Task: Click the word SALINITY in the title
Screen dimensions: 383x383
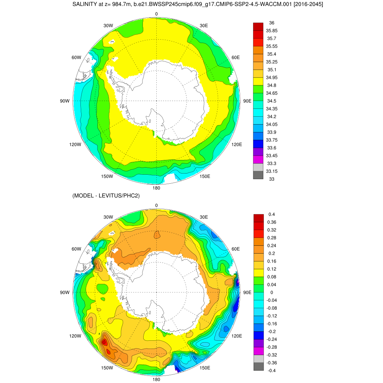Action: (85, 4)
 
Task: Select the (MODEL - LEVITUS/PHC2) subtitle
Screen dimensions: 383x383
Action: (106, 195)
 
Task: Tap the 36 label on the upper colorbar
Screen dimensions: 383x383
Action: (272, 23)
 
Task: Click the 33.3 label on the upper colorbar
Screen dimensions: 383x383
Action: (272, 163)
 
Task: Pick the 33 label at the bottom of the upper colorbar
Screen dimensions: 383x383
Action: (272, 179)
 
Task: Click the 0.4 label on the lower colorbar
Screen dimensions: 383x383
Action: (272, 214)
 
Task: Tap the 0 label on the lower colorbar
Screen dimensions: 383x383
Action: (272, 292)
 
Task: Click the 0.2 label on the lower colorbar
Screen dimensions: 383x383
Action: (272, 253)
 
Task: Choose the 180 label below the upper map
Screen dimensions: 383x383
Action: (156, 188)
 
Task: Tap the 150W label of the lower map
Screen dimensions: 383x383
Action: (107, 368)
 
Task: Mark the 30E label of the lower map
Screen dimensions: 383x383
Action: (204, 217)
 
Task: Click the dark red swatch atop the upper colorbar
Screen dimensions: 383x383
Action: (258, 27)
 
